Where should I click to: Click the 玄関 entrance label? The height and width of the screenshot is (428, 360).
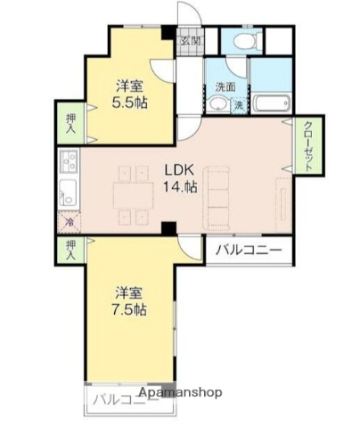(191, 41)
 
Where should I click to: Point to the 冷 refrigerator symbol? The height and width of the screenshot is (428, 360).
(69, 223)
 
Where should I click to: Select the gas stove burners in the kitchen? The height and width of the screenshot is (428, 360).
(68, 162)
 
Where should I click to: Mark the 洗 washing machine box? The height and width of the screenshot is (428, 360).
(238, 105)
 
